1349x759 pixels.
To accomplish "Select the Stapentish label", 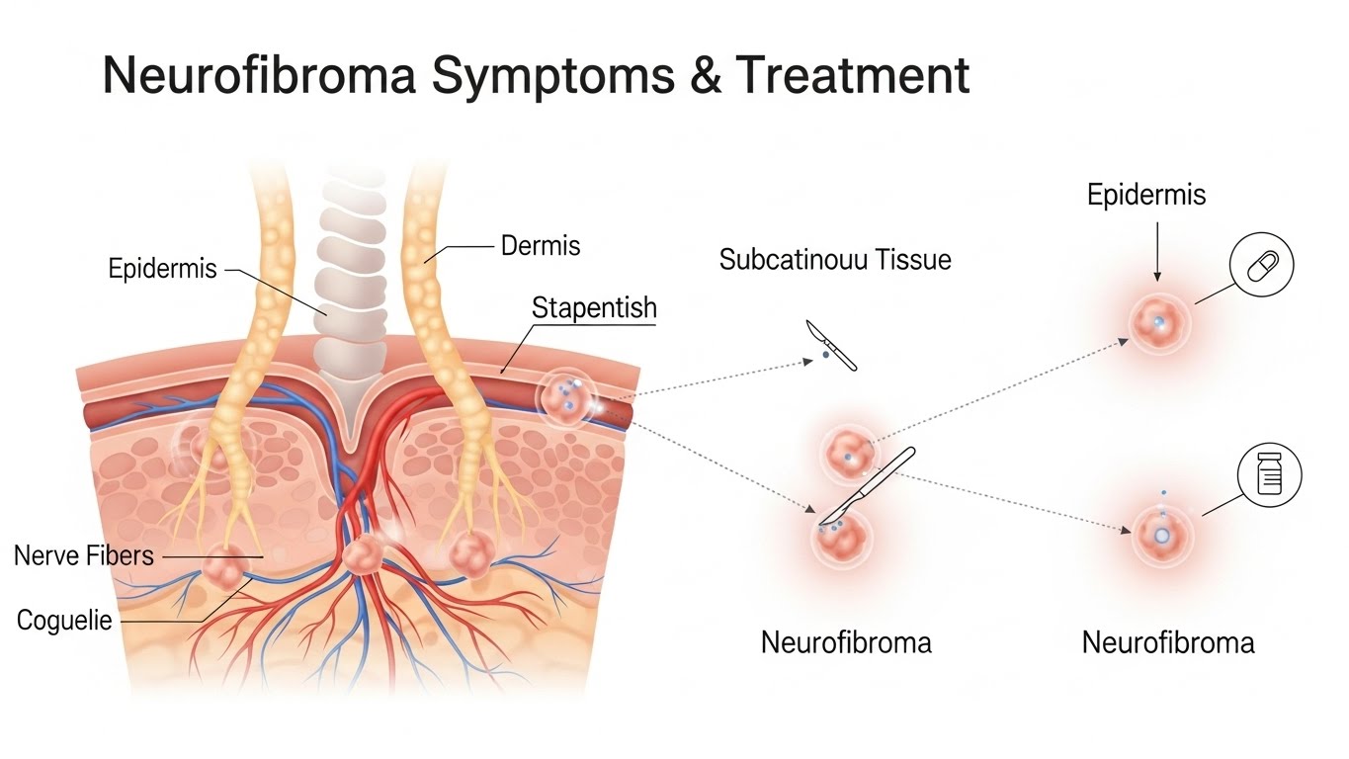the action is (594, 307).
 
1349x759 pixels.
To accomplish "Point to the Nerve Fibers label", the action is (84, 555).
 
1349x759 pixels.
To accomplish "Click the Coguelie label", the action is (64, 621).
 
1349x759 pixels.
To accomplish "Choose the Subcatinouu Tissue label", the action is (835, 260).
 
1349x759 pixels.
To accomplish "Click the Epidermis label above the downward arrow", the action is (1146, 195).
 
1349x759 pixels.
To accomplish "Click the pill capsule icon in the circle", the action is (1261, 266).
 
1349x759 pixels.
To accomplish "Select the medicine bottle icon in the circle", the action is (1270, 476).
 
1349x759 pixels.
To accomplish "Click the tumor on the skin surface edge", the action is (567, 396).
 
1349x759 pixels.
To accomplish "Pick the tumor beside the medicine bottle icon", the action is (1162, 534).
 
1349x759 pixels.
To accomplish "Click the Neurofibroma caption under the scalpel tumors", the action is (846, 643).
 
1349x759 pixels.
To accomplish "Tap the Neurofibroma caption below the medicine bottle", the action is (1168, 643).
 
